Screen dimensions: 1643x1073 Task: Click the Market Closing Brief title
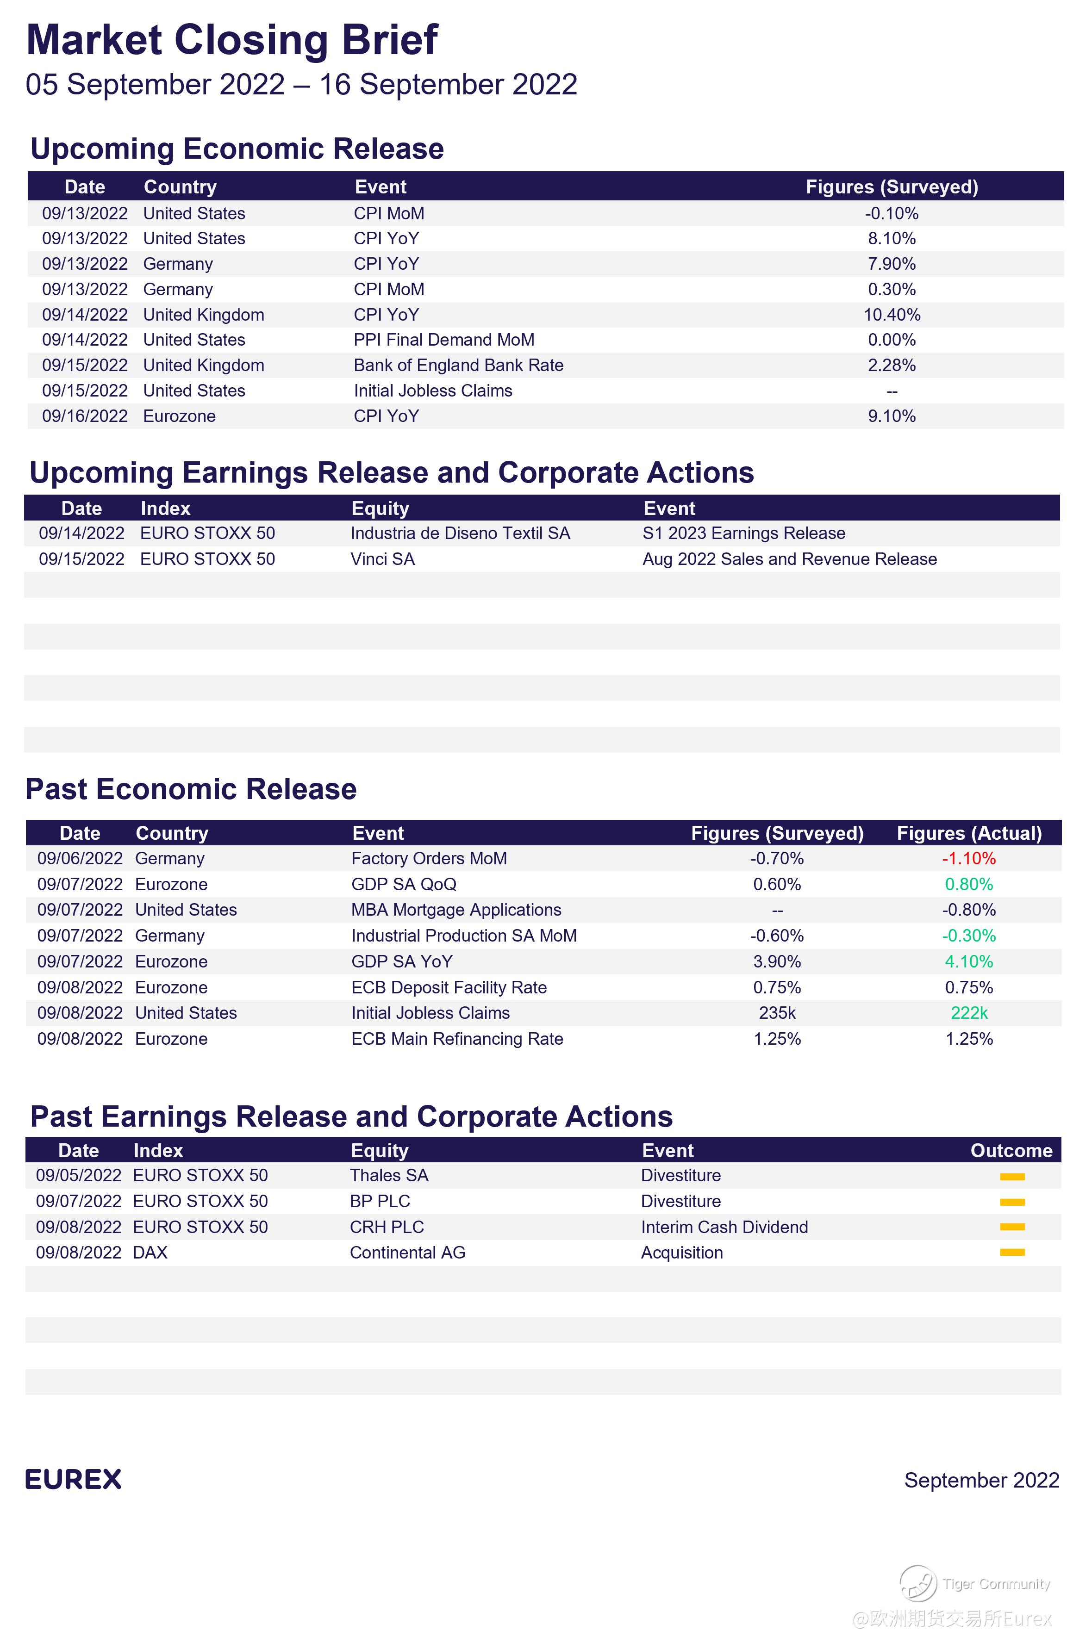click(231, 40)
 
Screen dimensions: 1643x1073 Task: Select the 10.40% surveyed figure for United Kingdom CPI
click(892, 315)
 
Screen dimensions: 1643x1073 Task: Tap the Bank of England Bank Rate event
click(458, 365)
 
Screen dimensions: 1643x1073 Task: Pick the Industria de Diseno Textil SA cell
click(460, 533)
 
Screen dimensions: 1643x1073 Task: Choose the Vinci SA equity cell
click(382, 559)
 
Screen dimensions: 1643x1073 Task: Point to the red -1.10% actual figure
click(969, 859)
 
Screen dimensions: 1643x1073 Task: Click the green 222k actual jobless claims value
click(969, 1013)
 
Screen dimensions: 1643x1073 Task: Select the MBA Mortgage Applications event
click(455, 910)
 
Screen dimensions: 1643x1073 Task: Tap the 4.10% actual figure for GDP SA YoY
click(969, 961)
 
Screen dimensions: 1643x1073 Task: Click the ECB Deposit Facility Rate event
click(449, 987)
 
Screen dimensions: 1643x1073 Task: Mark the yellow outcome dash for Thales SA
click(1011, 1176)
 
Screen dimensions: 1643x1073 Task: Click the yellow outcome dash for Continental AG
click(1011, 1252)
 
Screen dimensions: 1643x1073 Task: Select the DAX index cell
click(150, 1252)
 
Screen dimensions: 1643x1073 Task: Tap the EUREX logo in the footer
click(73, 1479)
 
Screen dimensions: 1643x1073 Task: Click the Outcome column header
click(1011, 1150)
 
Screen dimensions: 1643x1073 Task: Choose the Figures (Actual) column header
click(969, 833)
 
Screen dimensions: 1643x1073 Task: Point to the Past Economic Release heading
click(191, 789)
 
